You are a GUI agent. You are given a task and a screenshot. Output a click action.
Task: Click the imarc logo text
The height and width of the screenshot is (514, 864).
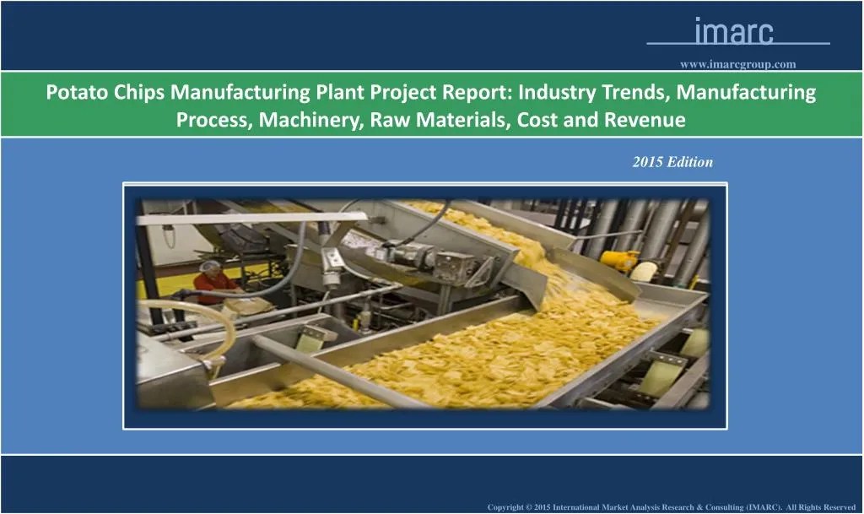point(733,31)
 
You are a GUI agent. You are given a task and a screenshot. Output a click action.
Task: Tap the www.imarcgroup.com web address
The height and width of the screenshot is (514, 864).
point(737,64)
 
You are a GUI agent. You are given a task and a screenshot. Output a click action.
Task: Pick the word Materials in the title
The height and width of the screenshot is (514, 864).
point(463,121)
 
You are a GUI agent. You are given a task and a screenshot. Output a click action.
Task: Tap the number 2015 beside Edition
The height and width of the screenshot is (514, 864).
point(648,162)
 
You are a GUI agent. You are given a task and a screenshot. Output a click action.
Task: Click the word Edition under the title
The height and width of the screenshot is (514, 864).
point(689,162)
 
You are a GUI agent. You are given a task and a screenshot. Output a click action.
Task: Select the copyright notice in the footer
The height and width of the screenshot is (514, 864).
point(672,506)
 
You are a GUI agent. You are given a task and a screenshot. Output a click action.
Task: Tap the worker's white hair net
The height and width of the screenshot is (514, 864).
point(211,267)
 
